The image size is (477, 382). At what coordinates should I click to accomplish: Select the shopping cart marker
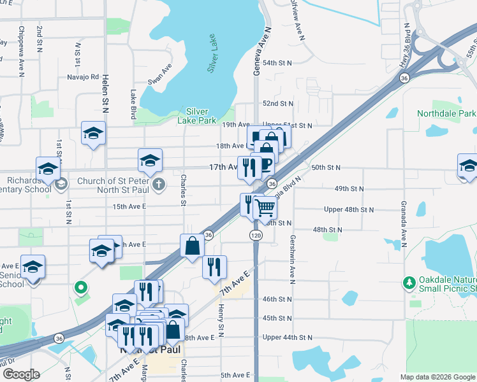coord(265,207)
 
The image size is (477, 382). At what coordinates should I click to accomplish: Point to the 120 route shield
coord(253,235)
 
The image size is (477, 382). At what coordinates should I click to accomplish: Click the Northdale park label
coord(446,113)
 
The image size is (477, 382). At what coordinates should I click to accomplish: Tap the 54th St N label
coord(277,63)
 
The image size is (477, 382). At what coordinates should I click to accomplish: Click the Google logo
coord(22,374)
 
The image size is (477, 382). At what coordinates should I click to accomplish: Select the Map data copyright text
coord(437,377)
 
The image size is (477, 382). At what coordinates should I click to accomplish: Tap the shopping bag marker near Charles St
coord(193,246)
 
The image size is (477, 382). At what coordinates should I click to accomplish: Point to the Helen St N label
coord(105,94)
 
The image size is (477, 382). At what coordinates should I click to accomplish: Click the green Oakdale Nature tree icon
coord(408,281)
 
